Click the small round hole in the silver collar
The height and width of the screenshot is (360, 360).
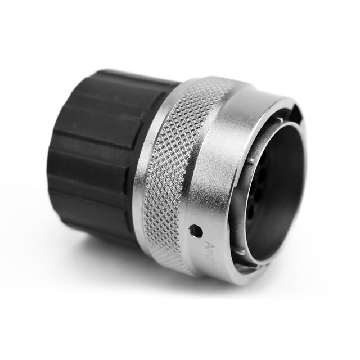[196, 230]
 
